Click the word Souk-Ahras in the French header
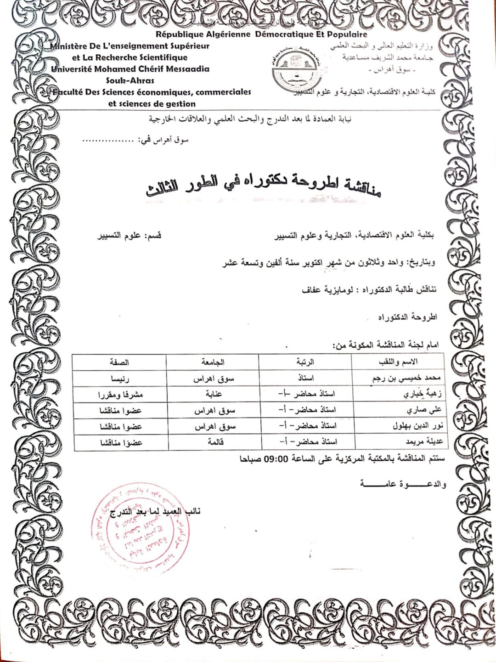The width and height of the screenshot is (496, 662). (130, 80)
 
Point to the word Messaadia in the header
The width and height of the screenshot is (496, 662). (187, 69)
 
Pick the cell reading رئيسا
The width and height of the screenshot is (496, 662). (120, 379)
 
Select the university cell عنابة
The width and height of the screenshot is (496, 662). (214, 394)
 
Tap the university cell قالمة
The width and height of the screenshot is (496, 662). (215, 442)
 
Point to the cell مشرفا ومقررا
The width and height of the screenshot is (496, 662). (120, 395)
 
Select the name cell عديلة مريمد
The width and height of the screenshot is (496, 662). (423, 442)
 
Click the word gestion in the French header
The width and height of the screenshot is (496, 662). (179, 104)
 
